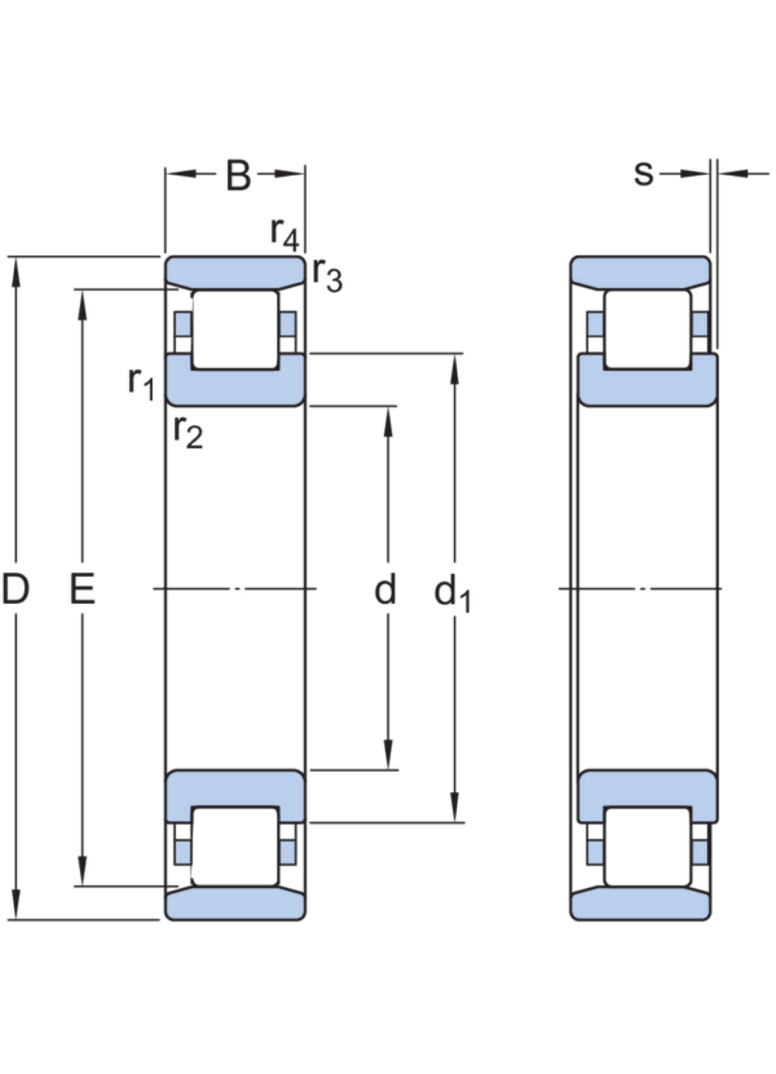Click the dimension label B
tap(238, 176)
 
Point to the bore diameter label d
tap(385, 589)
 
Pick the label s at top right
tap(644, 174)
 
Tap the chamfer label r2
tap(188, 432)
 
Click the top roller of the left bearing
tap(236, 330)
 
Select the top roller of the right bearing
tap(648, 330)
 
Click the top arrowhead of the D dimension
tap(16, 272)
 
